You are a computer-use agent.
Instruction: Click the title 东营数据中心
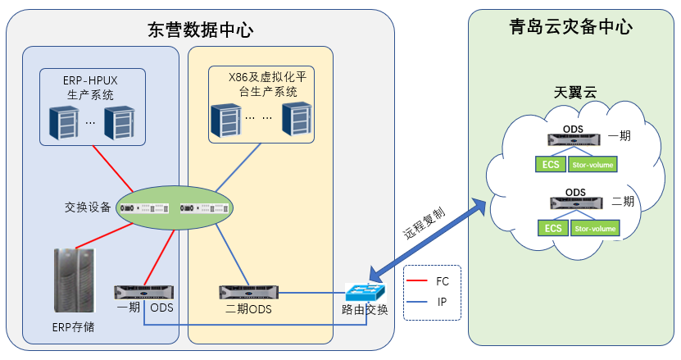point(200,30)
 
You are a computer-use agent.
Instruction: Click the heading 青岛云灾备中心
point(570,27)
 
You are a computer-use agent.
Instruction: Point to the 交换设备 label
point(88,207)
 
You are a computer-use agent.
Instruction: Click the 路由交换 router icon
point(365,293)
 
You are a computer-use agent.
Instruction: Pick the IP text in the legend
point(443,302)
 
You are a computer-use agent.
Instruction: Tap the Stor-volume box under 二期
point(594,229)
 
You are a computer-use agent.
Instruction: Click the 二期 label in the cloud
point(622,200)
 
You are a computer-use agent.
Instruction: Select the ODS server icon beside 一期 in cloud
point(575,141)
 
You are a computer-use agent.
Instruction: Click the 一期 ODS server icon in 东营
point(145,292)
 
